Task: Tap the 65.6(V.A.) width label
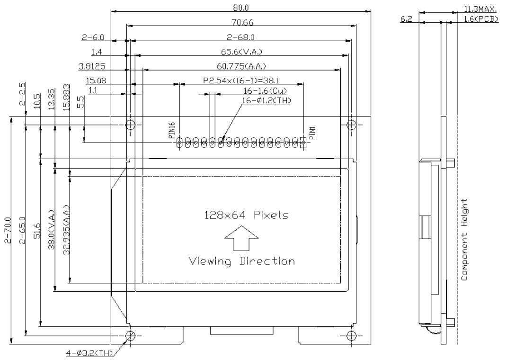[x=241, y=51]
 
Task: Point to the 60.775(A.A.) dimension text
[x=241, y=65]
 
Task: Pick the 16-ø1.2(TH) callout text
[x=266, y=100]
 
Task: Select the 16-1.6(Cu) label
[x=266, y=90]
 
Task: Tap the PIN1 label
[x=312, y=132]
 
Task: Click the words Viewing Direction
[x=241, y=261]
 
